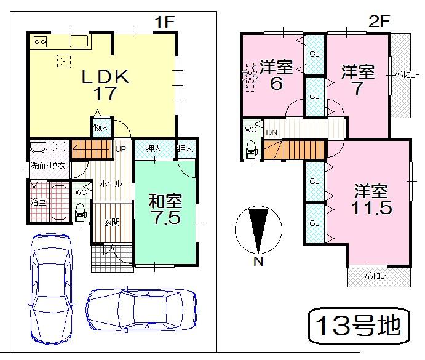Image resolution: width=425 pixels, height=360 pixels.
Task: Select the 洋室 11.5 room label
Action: coord(371,198)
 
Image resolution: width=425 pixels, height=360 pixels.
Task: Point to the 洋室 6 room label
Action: coord(276,74)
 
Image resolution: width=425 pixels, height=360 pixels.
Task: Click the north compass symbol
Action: coord(258,231)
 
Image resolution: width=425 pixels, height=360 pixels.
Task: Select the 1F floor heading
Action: coord(164,22)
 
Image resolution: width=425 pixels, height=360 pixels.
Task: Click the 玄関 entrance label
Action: coord(111,223)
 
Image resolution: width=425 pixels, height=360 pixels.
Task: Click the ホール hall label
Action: coord(111,183)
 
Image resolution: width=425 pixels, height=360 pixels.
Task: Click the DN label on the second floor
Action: coord(271,132)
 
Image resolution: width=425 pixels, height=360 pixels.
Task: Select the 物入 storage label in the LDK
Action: coord(101,127)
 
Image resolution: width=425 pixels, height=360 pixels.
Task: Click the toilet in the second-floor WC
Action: coord(251,151)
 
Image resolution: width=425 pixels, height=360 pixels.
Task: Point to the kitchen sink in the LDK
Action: coord(81,42)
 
